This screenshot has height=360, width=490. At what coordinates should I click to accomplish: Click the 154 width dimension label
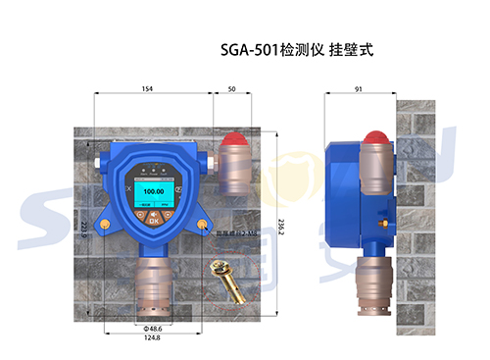tap(147, 89)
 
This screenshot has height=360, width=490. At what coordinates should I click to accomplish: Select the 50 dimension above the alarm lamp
tap(231, 89)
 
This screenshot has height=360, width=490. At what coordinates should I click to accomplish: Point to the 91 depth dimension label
tap(359, 89)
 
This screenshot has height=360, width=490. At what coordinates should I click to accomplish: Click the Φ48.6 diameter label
tap(153, 327)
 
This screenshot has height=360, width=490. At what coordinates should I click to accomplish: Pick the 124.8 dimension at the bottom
tap(153, 338)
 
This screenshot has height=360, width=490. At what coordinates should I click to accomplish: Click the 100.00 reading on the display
tap(152, 192)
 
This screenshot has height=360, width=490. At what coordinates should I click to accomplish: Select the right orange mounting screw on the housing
tap(202, 227)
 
